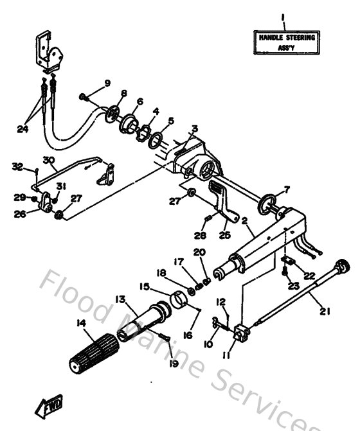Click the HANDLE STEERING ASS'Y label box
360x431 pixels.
[287, 42]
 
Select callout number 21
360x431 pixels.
[325, 313]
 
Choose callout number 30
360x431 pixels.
[49, 160]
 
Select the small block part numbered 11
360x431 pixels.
[242, 332]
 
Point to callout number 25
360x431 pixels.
[224, 234]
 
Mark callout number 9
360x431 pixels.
[107, 84]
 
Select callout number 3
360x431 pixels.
[194, 128]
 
